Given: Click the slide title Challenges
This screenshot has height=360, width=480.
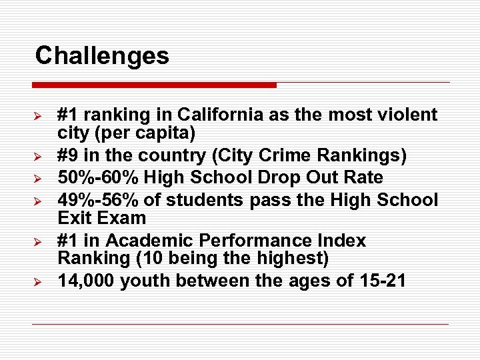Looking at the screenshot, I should tap(102, 55).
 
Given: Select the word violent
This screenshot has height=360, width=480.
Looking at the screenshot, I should tap(406, 115).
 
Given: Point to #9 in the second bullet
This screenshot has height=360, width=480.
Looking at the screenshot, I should tap(69, 156).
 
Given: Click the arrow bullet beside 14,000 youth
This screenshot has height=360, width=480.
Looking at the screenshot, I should tap(39, 282).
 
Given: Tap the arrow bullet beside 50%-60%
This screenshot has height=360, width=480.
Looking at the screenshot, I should tap(39, 179).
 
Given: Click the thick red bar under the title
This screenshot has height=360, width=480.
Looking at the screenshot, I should tap(154, 85).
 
